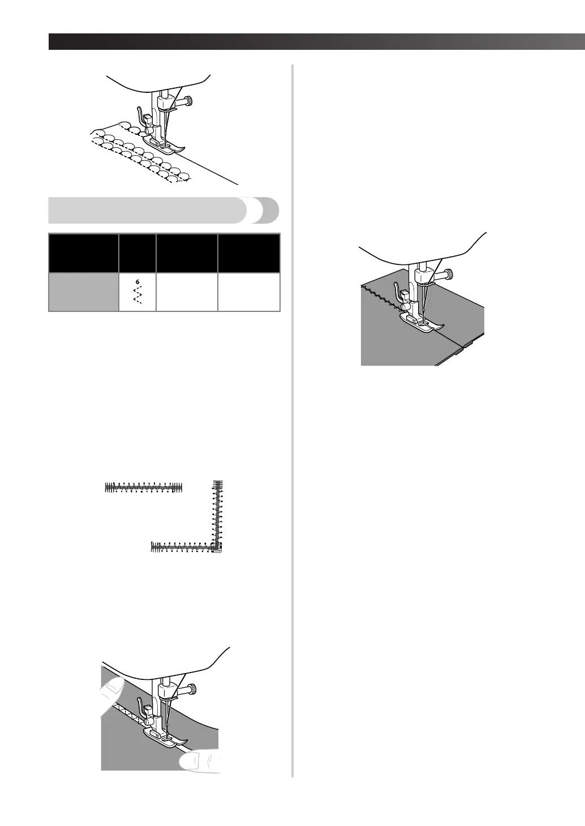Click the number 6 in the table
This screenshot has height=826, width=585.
(137, 281)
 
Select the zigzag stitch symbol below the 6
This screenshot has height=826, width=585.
(137, 296)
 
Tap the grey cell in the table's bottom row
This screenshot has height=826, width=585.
(84, 293)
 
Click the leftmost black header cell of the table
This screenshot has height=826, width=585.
(84, 253)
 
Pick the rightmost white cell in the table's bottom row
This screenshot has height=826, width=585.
(249, 293)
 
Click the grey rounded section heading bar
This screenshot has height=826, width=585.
(164, 210)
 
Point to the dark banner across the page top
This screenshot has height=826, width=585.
(317, 42)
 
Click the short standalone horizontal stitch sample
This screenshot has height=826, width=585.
(144, 487)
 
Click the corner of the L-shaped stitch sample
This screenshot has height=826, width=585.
(217, 547)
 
